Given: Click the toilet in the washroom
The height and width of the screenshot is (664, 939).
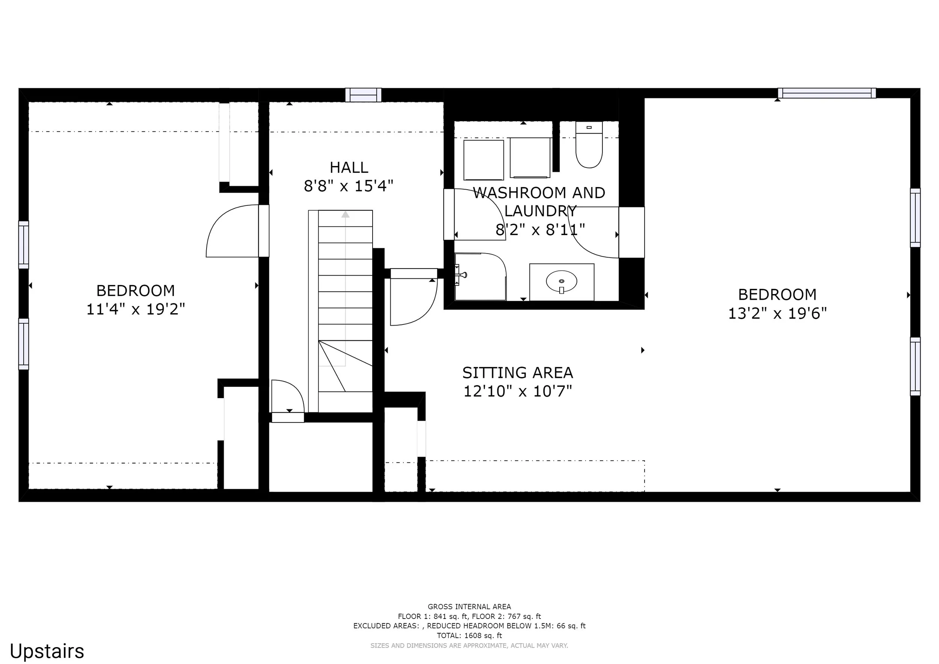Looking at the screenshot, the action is click(x=589, y=145).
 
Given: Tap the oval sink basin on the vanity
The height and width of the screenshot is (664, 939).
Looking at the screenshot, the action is click(x=562, y=281).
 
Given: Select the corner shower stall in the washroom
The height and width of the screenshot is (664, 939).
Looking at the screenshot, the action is click(x=480, y=277).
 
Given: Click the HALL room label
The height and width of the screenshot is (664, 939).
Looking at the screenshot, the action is click(x=349, y=167).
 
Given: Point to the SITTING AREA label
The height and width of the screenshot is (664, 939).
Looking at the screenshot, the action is click(x=518, y=373).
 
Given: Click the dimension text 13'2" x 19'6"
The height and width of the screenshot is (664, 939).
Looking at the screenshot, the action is click(x=777, y=314).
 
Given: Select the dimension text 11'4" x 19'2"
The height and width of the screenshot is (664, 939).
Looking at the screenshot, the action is click(x=135, y=309).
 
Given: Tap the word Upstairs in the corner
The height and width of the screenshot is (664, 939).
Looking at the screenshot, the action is click(x=47, y=651).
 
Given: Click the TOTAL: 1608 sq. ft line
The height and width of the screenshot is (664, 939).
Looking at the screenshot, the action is click(x=469, y=635).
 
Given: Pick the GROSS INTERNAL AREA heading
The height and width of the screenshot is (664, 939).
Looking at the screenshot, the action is click(x=469, y=607).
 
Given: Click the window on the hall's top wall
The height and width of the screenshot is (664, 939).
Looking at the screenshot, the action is click(x=363, y=95).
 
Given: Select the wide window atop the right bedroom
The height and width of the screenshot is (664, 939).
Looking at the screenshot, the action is click(x=827, y=93).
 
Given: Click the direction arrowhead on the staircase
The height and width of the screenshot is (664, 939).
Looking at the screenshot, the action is click(x=346, y=214).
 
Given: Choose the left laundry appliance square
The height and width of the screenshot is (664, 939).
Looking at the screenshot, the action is click(x=483, y=160).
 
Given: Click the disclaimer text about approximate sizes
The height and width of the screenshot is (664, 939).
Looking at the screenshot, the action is click(x=469, y=646).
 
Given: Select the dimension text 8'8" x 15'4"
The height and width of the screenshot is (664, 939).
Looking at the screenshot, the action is click(x=349, y=186).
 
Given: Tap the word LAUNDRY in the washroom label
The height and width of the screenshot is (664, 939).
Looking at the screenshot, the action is click(x=540, y=211).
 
